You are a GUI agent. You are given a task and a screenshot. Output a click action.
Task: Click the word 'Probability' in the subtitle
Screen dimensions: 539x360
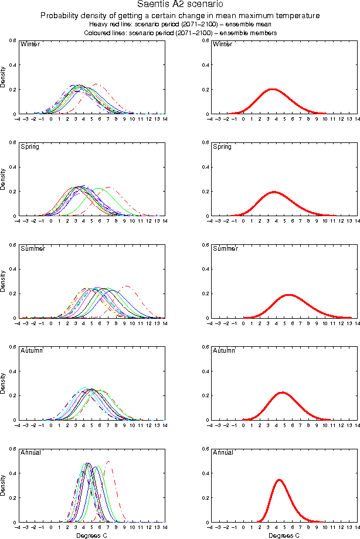(x=62, y=16)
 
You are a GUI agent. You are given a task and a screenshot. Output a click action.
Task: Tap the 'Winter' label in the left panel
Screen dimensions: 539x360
(x=30, y=45)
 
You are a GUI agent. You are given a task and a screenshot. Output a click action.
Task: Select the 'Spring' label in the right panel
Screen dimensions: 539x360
(x=222, y=146)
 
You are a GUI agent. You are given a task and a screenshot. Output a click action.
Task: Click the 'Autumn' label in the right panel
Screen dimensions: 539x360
(x=224, y=350)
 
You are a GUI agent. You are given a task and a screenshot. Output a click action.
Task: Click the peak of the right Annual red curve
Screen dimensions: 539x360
(x=279, y=480)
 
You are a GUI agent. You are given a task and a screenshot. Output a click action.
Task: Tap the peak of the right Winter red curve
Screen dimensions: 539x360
(x=272, y=89)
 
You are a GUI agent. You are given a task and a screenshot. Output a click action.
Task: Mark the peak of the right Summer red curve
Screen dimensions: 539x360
(x=288, y=295)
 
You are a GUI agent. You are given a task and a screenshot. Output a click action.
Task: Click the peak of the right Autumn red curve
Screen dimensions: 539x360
(x=282, y=393)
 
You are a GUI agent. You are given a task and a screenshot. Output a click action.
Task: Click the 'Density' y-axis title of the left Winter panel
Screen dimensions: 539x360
(x=4, y=77)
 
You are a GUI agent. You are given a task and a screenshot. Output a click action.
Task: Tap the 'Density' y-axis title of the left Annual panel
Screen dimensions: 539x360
(x=4, y=486)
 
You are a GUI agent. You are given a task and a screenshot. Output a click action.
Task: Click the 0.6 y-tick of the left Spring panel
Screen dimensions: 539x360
(x=12, y=142)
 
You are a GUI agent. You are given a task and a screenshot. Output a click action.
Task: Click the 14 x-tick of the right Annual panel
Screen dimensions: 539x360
(x=358, y=527)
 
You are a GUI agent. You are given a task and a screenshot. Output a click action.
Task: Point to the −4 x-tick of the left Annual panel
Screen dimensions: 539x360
(x=18, y=527)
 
